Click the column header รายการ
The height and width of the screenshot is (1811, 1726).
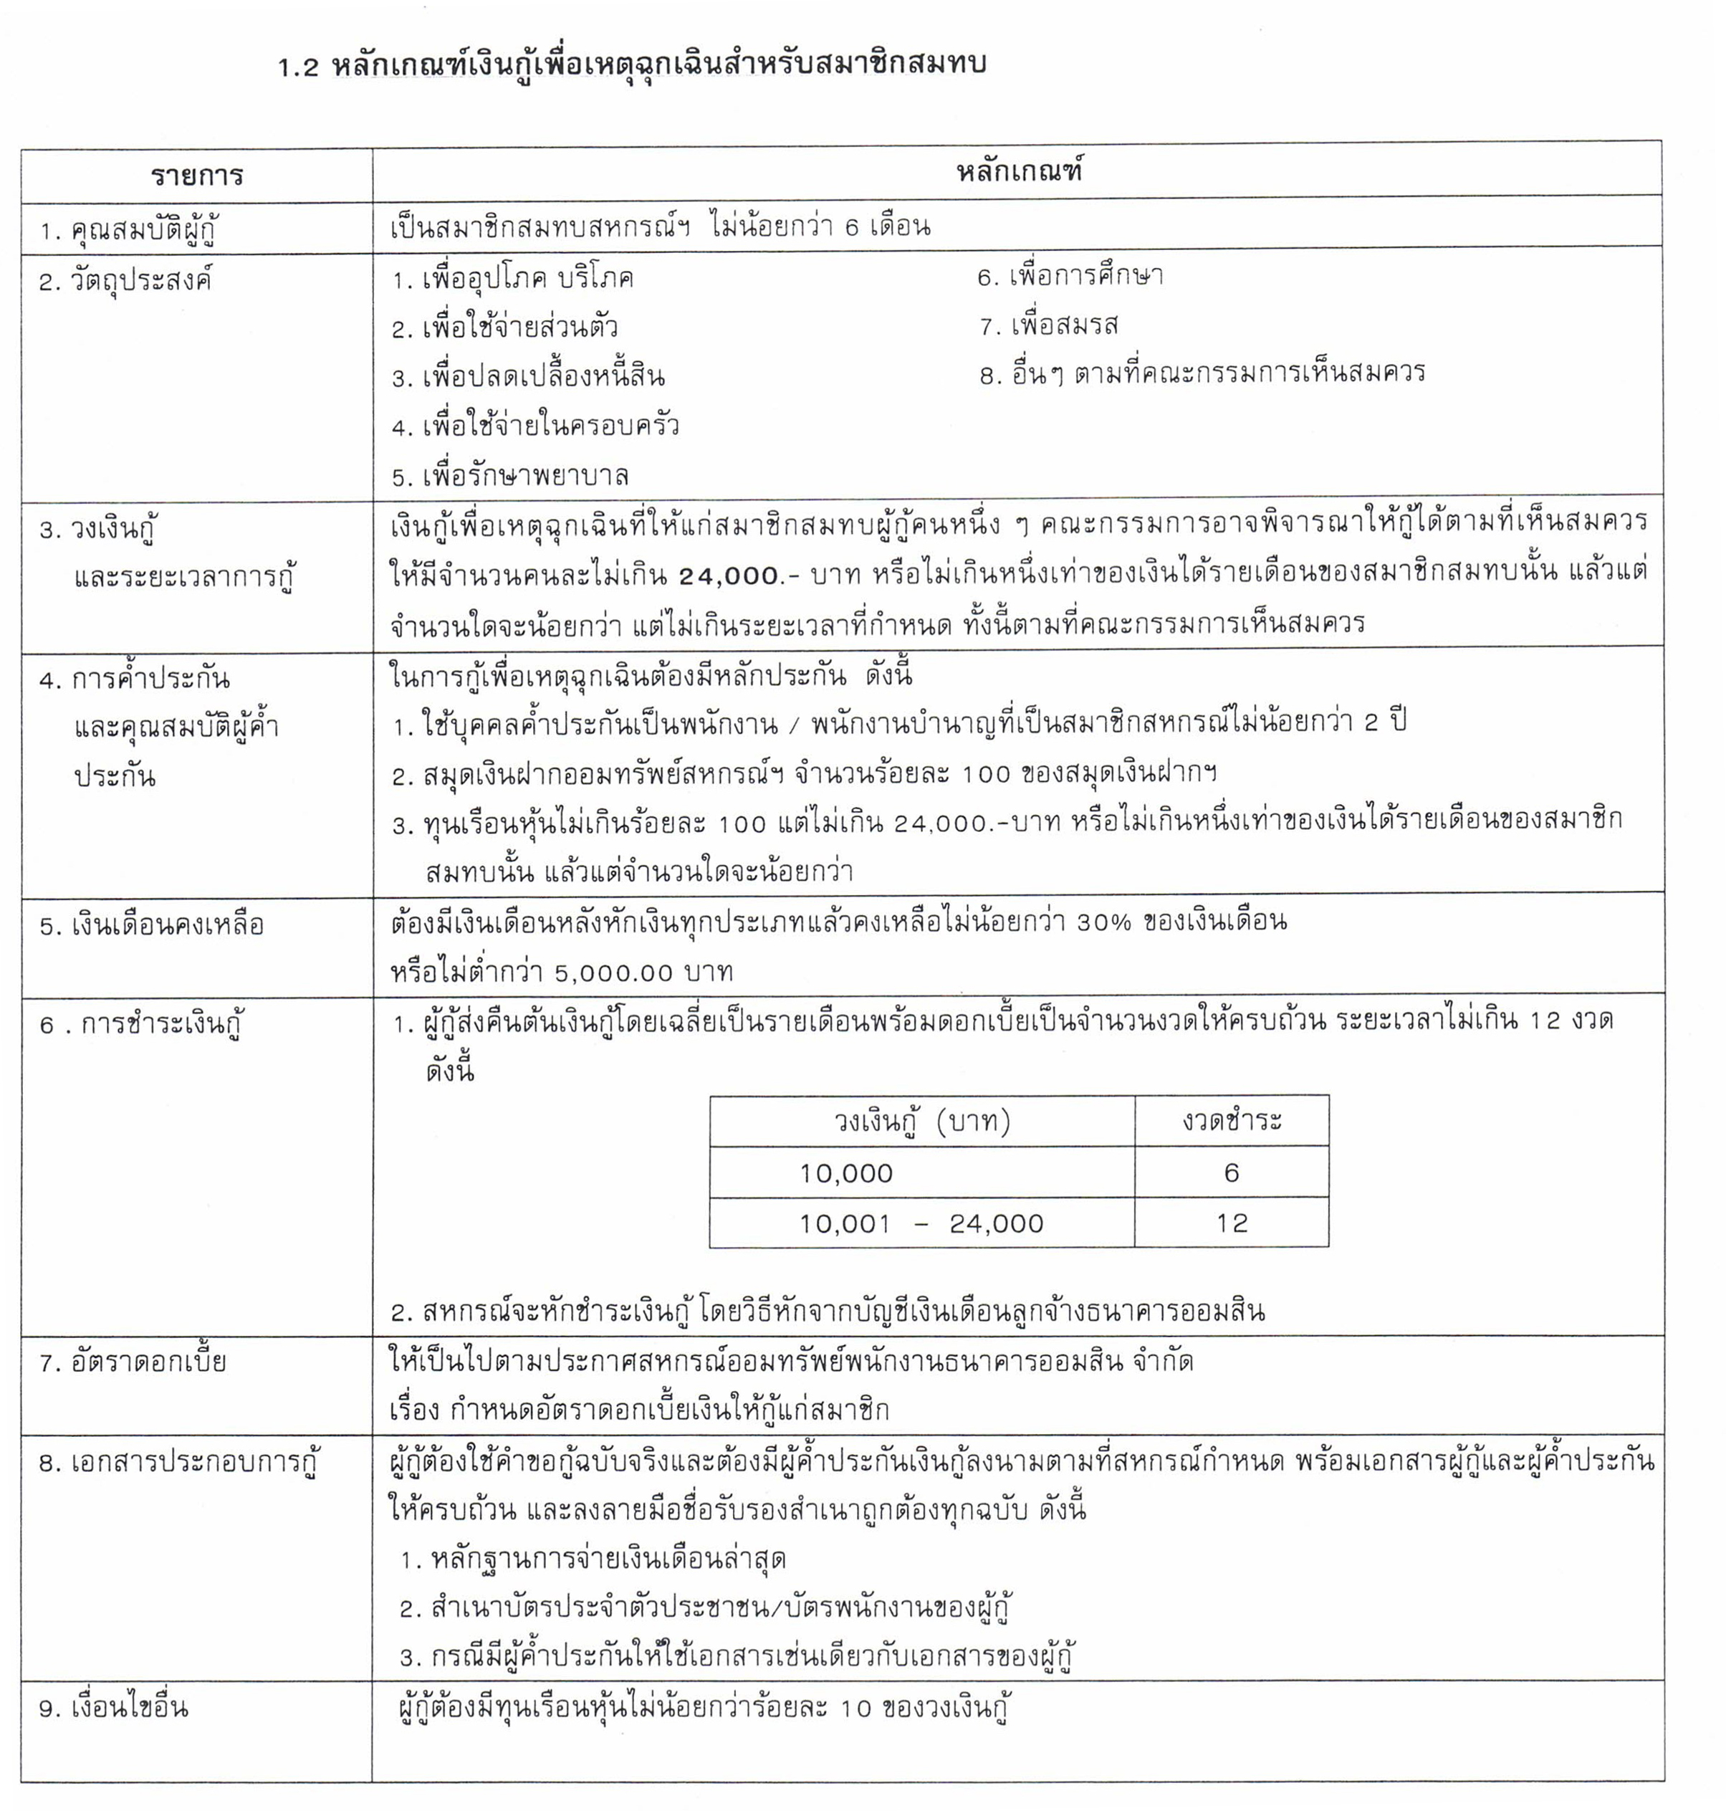[196, 176]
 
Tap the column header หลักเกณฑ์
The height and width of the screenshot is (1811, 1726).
[1019, 171]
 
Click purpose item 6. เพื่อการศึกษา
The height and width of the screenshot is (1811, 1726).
[1070, 276]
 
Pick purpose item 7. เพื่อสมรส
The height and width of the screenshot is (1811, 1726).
[1049, 325]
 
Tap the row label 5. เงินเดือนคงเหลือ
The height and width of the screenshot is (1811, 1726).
[152, 924]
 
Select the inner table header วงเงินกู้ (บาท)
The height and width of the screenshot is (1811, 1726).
[922, 1121]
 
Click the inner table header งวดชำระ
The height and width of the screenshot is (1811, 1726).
[1232, 1120]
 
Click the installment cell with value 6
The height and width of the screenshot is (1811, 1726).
[1231, 1172]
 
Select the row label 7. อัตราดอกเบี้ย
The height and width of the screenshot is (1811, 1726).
[133, 1362]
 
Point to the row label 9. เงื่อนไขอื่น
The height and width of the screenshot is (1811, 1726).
[113, 1708]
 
